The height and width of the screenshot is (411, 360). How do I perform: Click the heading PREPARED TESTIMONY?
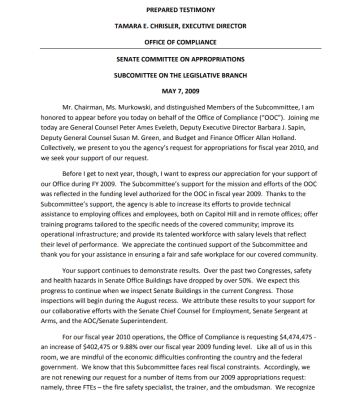(x=179, y=9)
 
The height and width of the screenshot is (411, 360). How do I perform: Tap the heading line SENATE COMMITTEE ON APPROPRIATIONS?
(x=179, y=62)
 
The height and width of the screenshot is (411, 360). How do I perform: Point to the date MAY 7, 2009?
(x=179, y=97)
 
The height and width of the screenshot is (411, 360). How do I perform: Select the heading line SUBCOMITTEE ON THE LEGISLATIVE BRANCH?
(x=179, y=79)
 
